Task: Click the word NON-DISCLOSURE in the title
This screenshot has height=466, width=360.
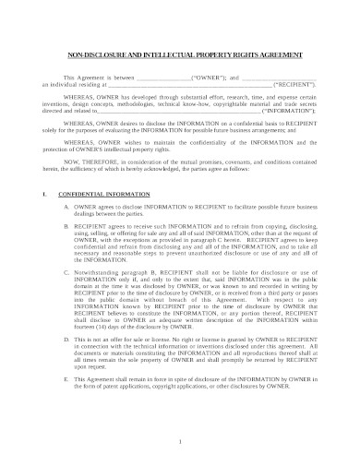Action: pyautogui.click(x=89, y=54)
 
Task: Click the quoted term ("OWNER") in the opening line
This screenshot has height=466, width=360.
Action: pyautogui.click(x=206, y=78)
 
